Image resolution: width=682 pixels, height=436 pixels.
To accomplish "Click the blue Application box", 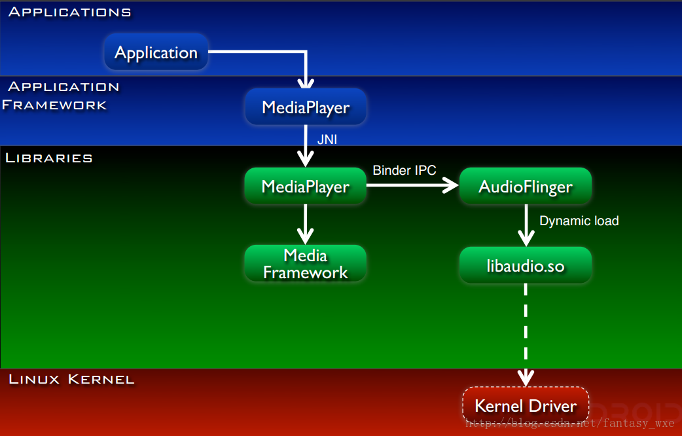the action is coord(156,52).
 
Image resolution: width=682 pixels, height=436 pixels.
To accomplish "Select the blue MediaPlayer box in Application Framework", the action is coord(306,107).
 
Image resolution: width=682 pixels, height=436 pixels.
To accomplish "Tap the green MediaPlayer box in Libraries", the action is coord(306,186).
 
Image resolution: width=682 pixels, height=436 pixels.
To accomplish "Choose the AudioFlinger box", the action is coord(526,186).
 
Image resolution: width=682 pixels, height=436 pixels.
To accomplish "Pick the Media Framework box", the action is coord(306,263).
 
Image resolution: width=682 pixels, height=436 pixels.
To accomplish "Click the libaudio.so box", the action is coord(526,265).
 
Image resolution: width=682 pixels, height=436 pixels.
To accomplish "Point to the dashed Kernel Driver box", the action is coord(526,405).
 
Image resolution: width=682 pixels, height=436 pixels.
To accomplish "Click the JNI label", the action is coord(327,139).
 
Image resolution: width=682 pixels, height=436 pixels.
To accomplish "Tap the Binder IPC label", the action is coord(404,170).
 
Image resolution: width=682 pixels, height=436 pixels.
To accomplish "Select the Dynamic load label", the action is coord(579,221).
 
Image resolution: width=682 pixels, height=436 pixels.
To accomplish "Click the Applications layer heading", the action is coord(69,12).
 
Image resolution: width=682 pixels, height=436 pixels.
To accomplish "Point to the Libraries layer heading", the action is coord(48,158).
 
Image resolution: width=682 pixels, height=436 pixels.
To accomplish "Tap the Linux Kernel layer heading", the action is coord(71,379).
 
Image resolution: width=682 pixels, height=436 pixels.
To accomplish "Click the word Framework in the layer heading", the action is coord(54,105).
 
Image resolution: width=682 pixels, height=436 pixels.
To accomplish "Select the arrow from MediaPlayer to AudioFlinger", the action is coord(412,185).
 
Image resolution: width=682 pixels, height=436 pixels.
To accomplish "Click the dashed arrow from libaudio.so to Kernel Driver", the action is coord(526,335).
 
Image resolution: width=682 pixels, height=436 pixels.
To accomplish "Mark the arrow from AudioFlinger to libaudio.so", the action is coord(526,225).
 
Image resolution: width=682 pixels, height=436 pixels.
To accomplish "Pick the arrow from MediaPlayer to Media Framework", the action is coord(306,225).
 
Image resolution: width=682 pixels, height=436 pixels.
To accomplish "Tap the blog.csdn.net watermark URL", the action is coord(570,422).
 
